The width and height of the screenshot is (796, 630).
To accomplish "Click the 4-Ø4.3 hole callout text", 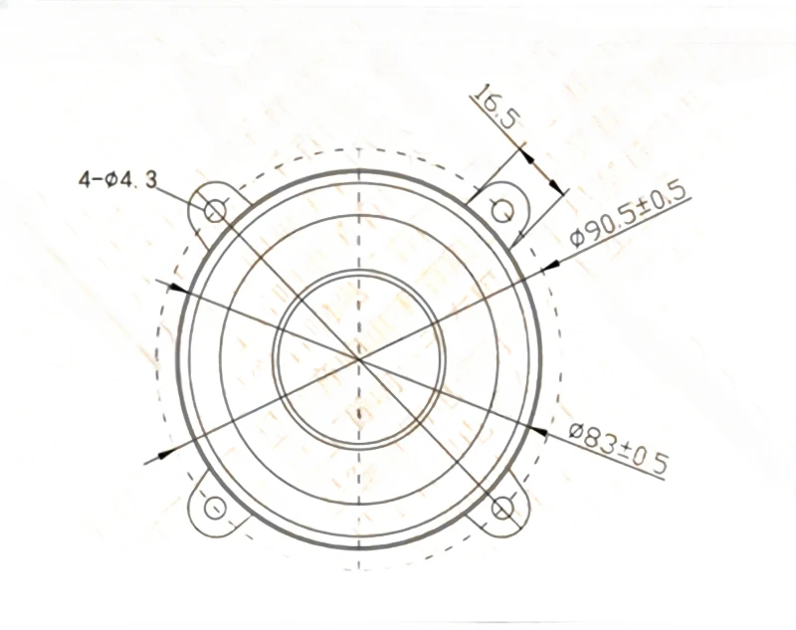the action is tap(117, 180).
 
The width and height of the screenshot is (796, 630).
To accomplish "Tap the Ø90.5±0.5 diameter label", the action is tap(629, 215).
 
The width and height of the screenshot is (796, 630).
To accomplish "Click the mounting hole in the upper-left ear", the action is tap(215, 210).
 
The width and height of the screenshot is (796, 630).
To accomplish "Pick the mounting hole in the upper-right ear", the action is tap(503, 211).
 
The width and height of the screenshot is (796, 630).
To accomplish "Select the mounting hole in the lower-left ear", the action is tap(215, 508).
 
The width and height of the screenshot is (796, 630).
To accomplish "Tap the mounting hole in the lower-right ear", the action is tap(503, 509).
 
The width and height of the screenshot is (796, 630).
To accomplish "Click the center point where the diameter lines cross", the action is tap(359, 359).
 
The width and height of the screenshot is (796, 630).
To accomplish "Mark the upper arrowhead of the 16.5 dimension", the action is tap(527, 154).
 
